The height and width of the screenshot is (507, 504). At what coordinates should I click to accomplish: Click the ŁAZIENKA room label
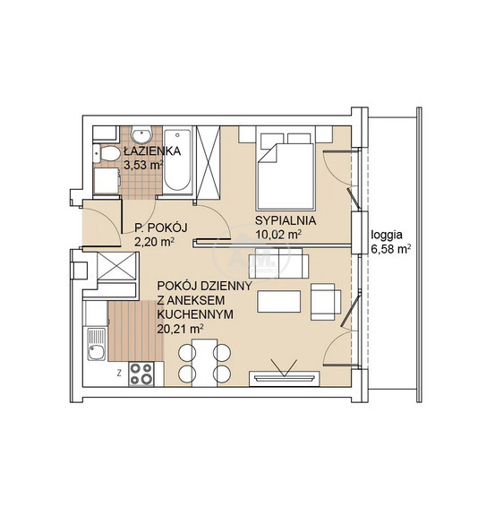[x=152, y=151]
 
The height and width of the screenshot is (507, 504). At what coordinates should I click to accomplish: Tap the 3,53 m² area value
[x=143, y=165]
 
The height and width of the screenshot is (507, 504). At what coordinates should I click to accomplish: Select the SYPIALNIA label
[x=286, y=220]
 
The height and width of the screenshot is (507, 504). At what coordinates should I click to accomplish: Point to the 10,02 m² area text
[x=278, y=235]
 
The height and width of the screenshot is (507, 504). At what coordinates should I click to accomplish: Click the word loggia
[x=387, y=235]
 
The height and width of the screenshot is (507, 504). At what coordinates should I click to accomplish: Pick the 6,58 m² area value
[x=391, y=250]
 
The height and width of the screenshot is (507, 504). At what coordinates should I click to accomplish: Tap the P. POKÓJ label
[x=161, y=228]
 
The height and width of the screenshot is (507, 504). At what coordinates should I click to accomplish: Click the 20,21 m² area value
[x=180, y=329]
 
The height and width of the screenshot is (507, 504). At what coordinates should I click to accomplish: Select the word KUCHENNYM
[x=195, y=314]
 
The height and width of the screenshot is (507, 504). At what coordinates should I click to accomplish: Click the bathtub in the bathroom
[x=177, y=160]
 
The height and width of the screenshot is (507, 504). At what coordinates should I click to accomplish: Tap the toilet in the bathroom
[x=107, y=153]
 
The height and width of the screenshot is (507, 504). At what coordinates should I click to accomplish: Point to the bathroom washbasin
[x=141, y=134]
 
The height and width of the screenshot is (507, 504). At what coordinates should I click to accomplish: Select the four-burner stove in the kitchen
[x=141, y=374]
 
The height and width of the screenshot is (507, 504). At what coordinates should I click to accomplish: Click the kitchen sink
[x=97, y=344]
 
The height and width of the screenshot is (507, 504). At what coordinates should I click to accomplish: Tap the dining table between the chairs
[x=204, y=363]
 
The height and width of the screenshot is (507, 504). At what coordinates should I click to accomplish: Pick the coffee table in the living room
[x=278, y=301]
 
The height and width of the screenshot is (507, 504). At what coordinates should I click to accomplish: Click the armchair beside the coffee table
[x=326, y=302]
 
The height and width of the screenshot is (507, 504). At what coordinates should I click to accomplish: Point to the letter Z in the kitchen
[x=119, y=374]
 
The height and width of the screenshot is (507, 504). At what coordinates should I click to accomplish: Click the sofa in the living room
[x=278, y=262]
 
